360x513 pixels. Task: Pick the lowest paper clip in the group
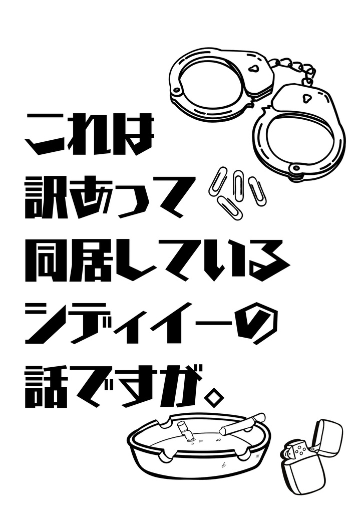tap(230, 208)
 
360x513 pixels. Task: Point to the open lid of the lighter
tap(326, 435)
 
